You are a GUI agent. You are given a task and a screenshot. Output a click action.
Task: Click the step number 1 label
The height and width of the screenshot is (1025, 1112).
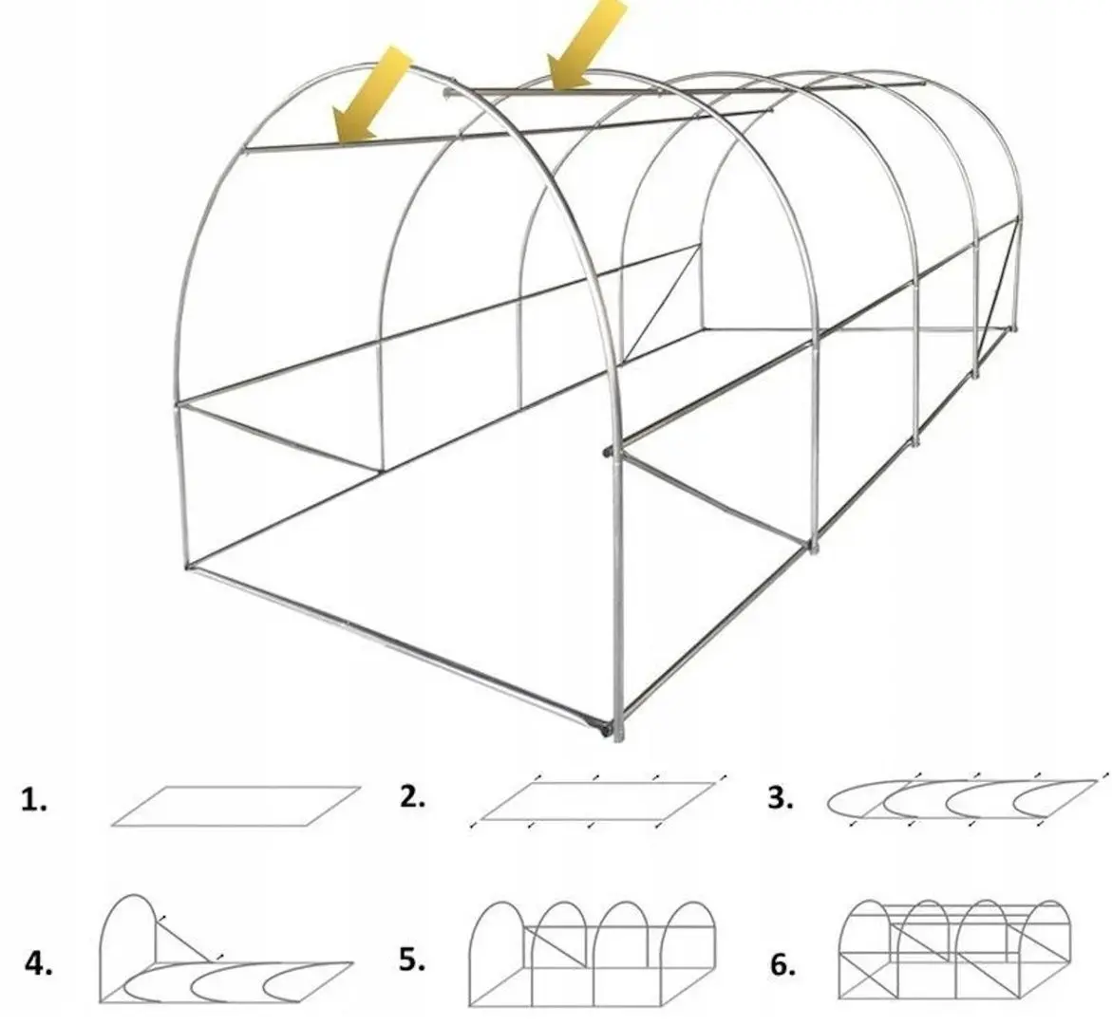pos(34,801)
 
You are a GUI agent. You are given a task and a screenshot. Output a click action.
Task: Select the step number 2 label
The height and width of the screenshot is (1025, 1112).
pos(412,798)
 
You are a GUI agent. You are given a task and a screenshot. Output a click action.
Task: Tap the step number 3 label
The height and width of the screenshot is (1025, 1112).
pos(780,798)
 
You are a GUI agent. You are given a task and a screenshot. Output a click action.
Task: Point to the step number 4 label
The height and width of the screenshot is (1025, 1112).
pos(38,964)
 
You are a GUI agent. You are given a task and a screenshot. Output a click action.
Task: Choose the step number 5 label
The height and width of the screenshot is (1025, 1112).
pos(412,960)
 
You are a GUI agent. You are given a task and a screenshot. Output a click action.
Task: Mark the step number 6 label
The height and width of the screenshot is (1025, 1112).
pos(782,965)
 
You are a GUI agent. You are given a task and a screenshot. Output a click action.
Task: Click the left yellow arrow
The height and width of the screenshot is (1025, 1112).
pos(371,96)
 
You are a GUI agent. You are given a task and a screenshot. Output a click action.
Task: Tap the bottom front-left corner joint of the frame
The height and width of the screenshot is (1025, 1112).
pos(189,566)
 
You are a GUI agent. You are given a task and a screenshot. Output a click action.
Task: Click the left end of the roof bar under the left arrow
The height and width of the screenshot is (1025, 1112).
pos(245,150)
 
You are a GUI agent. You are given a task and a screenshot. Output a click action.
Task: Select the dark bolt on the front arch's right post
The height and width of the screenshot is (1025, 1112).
pos(607,451)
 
